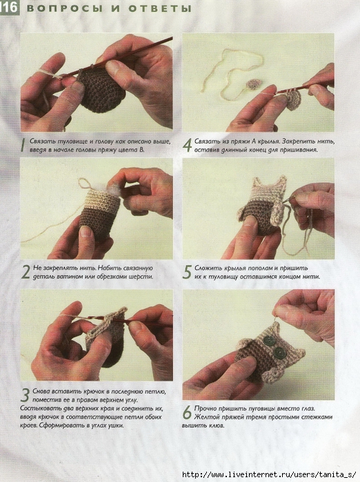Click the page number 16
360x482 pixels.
(10, 8)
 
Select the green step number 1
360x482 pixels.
(22, 145)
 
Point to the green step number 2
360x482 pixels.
(26, 272)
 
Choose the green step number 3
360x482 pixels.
(25, 395)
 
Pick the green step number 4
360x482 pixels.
(187, 145)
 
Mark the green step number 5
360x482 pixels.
(187, 272)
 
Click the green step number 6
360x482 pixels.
(187, 412)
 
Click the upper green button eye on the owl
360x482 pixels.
(269, 341)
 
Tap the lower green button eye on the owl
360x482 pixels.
(280, 352)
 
